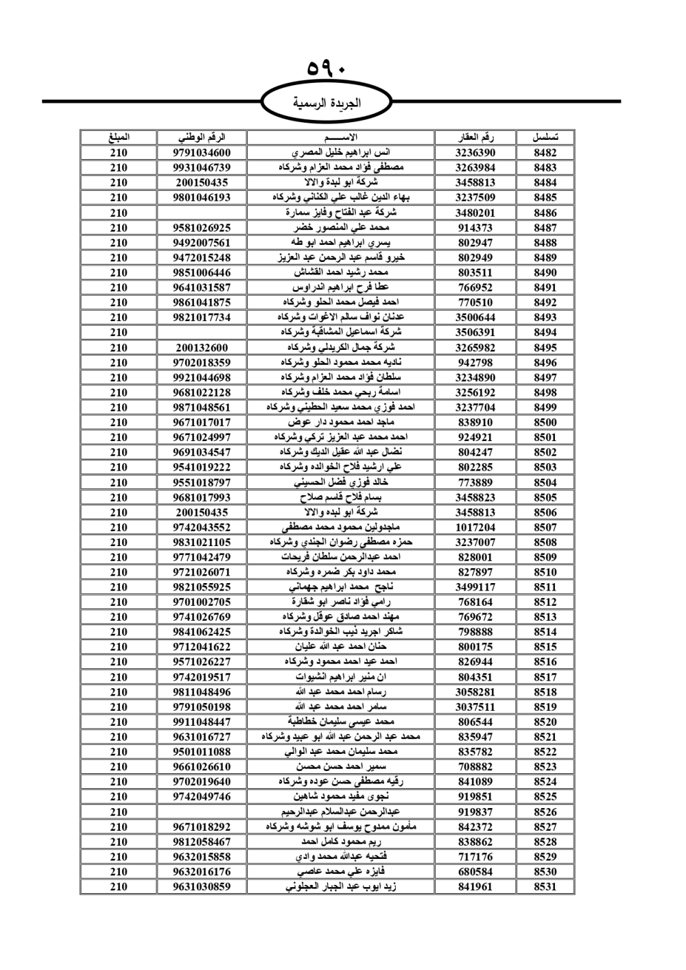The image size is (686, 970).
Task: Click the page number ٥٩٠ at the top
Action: click(327, 69)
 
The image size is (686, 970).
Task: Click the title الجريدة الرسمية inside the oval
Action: click(327, 104)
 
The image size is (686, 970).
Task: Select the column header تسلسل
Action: click(545, 137)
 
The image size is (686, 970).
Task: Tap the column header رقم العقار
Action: click(475, 137)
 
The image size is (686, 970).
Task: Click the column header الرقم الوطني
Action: click(202, 137)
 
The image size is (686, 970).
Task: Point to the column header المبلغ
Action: click(118, 137)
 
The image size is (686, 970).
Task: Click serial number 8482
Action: click(545, 152)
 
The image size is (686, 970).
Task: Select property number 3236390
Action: click(475, 152)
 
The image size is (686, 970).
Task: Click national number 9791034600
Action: click(202, 152)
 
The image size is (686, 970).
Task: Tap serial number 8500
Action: click(545, 422)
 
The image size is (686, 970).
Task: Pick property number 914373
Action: click(475, 227)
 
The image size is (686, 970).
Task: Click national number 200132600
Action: click(202, 347)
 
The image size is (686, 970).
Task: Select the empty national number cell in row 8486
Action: click(202, 213)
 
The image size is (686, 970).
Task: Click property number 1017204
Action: click(475, 527)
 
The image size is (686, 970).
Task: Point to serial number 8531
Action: click(545, 886)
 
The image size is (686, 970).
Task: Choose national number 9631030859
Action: click(202, 886)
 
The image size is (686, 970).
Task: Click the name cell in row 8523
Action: click(340, 766)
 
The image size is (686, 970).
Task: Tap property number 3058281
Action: click(475, 691)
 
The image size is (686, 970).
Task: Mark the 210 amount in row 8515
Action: click(118, 646)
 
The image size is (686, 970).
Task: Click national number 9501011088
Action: click(202, 751)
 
